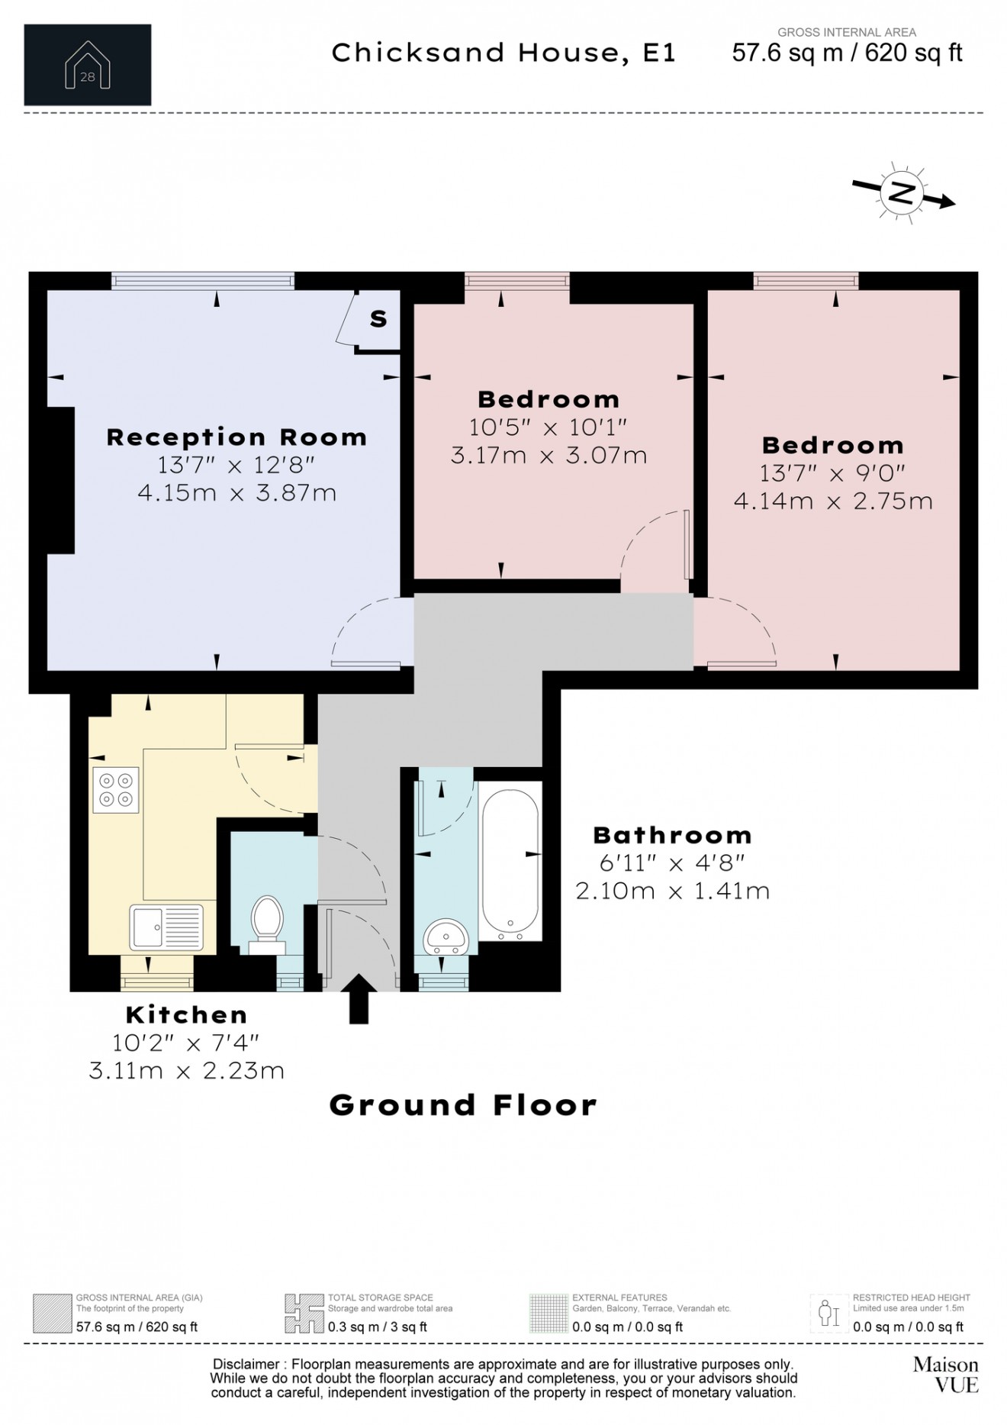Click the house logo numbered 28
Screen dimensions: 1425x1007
point(87,65)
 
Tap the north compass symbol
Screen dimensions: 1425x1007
point(902,193)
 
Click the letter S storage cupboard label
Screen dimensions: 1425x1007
point(378,318)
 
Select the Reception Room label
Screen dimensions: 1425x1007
point(236,437)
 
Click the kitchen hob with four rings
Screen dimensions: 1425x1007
point(116,790)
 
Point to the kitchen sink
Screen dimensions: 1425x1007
point(166,927)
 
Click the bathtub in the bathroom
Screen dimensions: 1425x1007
point(510,861)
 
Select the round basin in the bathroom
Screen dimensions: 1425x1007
point(446,936)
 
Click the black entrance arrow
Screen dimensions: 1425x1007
point(359,998)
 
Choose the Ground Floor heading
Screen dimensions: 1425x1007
point(463,1105)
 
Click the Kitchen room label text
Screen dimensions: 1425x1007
point(187,1015)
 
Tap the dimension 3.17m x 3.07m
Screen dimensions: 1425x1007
point(549,456)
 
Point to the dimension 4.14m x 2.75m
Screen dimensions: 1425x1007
point(833,501)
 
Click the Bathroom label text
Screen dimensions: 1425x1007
point(672,835)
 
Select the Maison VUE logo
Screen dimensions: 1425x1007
point(946,1375)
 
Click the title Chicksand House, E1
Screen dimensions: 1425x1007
point(504,53)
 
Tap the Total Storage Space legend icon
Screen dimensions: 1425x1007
point(303,1314)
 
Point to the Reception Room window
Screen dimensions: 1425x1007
point(203,281)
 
